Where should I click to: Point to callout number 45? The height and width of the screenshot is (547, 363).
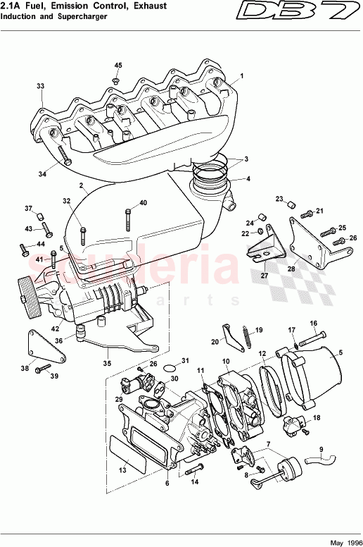click(117, 66)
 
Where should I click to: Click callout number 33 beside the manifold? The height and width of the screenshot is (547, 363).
click(40, 86)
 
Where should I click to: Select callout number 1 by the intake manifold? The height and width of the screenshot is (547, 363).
click(241, 75)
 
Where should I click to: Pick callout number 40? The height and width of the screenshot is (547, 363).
click(143, 203)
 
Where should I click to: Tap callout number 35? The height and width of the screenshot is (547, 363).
click(107, 364)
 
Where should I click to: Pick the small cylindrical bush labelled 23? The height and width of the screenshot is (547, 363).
click(288, 206)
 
